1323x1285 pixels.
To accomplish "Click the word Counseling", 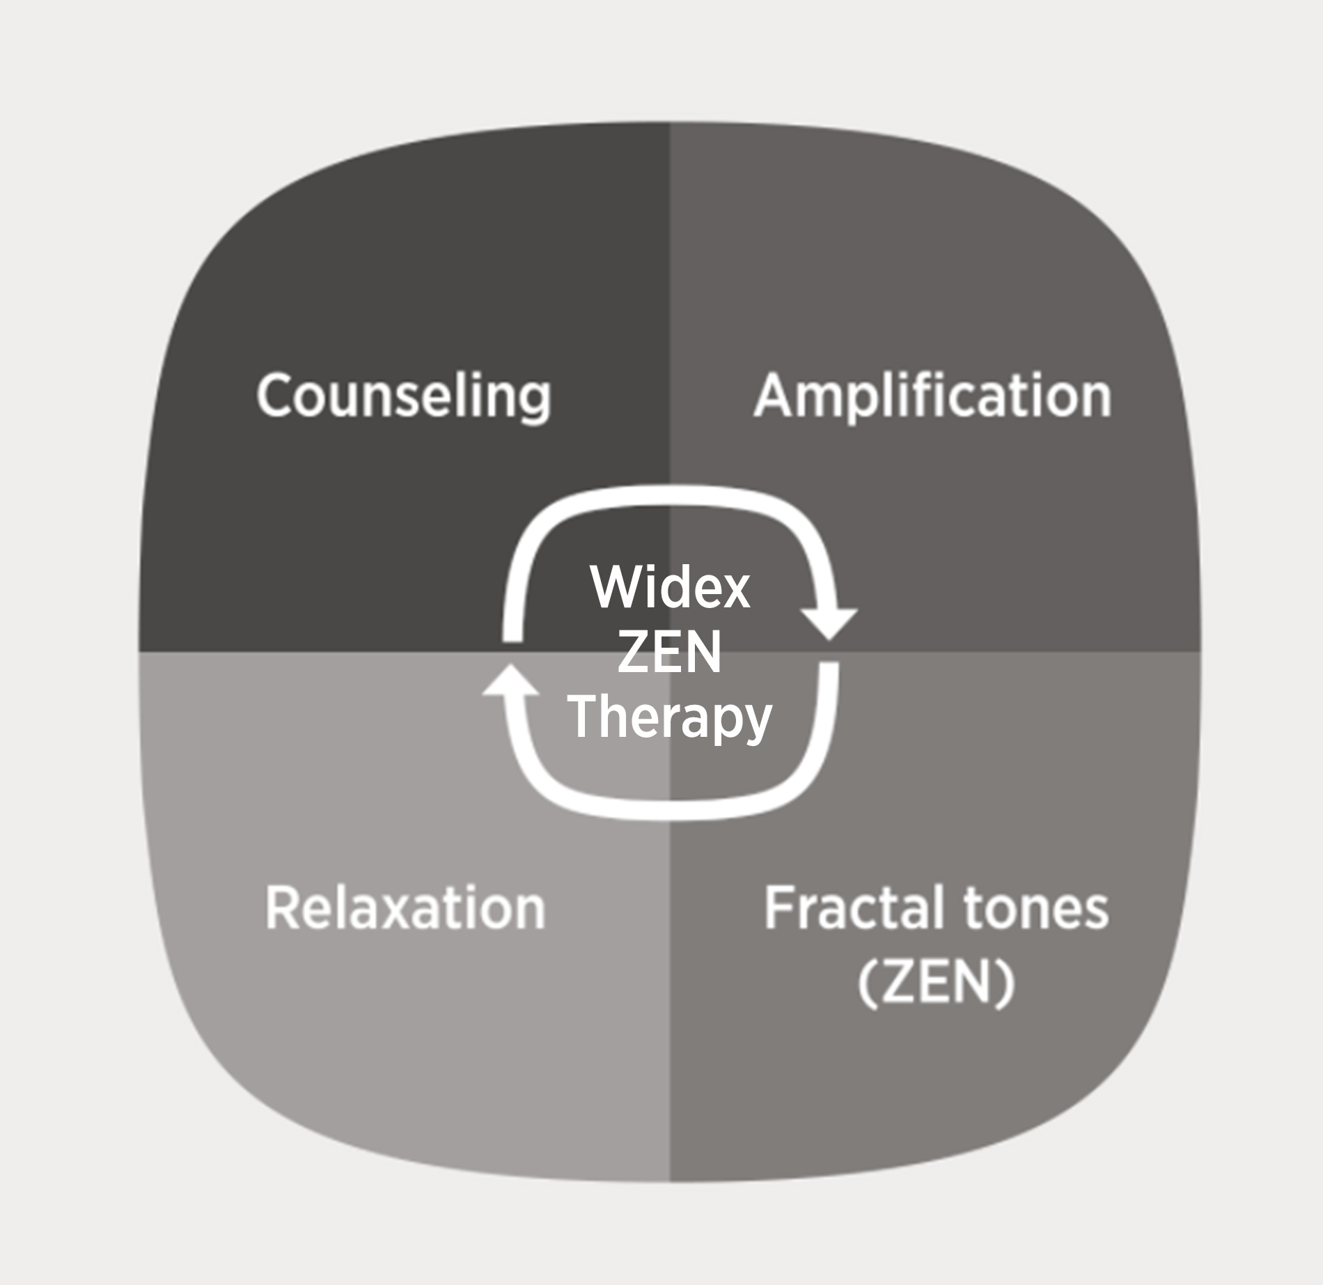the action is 404,396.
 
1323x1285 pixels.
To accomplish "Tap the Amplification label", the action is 932,396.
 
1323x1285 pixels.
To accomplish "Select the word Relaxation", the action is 405,908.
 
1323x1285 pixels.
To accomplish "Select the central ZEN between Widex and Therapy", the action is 670,653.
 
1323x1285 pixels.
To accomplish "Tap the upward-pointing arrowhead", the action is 510,680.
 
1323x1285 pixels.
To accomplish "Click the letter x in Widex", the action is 735,593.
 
